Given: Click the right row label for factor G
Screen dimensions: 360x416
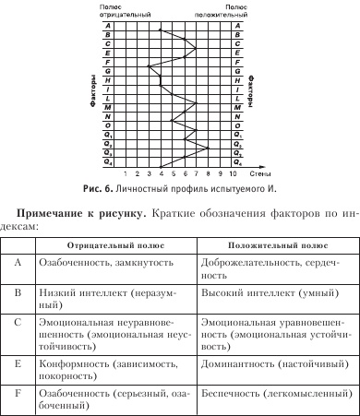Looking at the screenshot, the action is coord(236,70).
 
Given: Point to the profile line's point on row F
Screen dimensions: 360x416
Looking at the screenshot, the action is coord(173,61).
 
